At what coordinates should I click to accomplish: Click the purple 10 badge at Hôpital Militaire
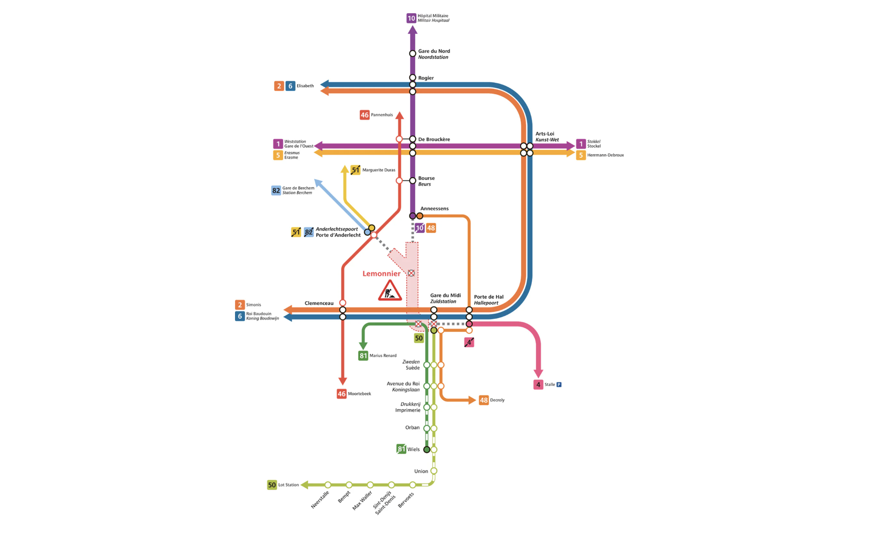[411, 18]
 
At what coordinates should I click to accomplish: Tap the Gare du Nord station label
[433, 54]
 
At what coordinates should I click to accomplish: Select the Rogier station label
[426, 78]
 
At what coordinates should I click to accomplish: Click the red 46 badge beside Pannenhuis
[364, 115]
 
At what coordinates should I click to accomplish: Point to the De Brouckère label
[434, 139]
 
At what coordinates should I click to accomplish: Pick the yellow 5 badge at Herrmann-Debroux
[581, 155]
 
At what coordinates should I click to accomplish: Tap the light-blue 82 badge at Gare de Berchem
[276, 191]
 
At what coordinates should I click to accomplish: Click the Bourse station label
[426, 181]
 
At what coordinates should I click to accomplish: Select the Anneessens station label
[434, 209]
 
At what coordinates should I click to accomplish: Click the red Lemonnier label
[381, 273]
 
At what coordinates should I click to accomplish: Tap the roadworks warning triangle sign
[390, 291]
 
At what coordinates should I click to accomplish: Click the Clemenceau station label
[319, 303]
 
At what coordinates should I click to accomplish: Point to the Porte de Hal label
[488, 300]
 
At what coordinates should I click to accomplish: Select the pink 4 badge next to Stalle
[538, 385]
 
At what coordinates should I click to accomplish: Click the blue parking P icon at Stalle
[559, 385]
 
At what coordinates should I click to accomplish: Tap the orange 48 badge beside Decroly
[484, 400]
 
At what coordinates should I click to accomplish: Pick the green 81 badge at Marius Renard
[363, 355]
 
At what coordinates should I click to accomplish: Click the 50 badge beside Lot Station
[272, 485]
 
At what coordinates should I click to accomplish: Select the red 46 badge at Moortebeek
[341, 394]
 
